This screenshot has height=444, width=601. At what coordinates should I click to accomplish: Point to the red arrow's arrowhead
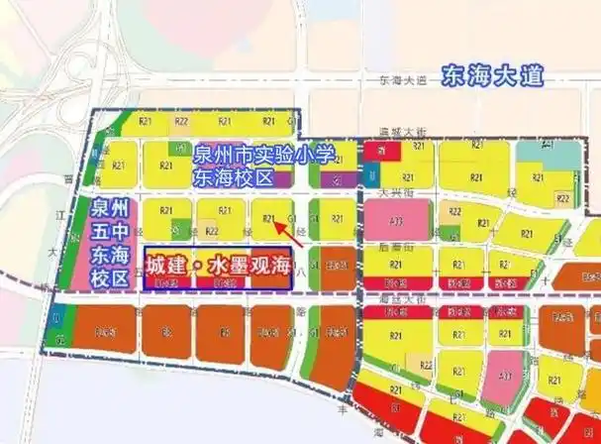pos(276,223)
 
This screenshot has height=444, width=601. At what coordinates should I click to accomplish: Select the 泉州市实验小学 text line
pos(264,157)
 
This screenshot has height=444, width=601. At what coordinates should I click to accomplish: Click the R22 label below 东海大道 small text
pos(181,121)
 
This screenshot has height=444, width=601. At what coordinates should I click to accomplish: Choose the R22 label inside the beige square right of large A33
pos(456,211)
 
